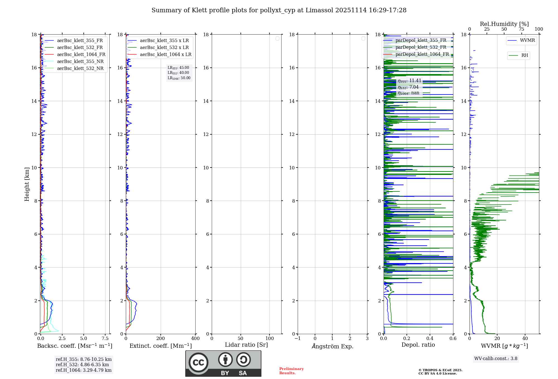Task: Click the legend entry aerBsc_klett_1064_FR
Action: coord(81,55)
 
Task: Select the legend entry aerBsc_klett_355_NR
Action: coord(80,62)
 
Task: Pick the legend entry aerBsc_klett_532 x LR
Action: coord(164,48)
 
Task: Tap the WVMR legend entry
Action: coord(527,40)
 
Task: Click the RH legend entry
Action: coord(524,55)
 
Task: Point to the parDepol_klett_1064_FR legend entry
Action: coord(422,54)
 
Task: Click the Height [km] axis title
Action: coord(27,184)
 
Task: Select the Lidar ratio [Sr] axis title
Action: coord(246,345)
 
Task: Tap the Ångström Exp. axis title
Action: coord(332,346)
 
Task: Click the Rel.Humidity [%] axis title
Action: coord(504,24)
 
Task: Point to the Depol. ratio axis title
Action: coord(418,345)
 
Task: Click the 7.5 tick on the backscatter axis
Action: coord(105,339)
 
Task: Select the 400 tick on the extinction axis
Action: coord(195,339)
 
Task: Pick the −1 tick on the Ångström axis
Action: coord(297,339)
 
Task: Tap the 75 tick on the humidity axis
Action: coord(521,29)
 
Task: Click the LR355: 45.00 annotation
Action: coord(178,68)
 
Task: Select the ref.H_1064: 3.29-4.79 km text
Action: coord(83,370)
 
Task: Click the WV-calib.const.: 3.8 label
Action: coord(496,359)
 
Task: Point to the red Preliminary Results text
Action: coord(291,371)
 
